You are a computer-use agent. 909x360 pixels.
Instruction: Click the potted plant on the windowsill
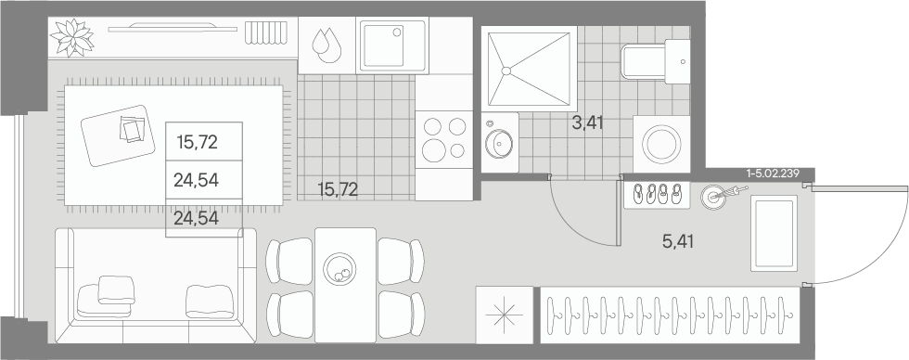72,38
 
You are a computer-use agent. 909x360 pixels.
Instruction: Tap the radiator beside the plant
265,32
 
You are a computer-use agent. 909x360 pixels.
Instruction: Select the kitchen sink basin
393,44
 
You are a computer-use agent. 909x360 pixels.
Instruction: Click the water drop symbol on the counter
326,45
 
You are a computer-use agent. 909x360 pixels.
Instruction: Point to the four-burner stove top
444,139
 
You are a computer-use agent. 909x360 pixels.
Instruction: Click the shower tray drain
506,71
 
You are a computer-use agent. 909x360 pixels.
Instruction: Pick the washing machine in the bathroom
661,144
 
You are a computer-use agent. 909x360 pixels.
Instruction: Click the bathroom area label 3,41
588,122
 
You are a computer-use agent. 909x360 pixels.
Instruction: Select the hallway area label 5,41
678,241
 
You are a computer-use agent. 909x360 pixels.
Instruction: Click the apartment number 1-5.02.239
774,173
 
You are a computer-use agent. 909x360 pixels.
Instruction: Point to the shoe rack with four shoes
657,195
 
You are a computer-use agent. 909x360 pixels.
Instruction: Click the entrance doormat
774,233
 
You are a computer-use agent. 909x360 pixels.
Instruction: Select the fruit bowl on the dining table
340,270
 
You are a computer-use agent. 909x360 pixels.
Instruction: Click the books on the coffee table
133,129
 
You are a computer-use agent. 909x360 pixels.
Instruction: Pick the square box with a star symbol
504,315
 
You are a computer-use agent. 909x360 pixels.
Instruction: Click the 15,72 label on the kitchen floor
338,189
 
